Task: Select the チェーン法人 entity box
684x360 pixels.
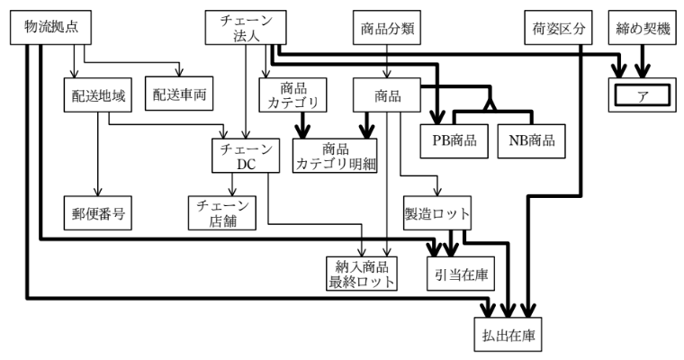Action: (x=240, y=27)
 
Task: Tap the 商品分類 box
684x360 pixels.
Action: (x=386, y=27)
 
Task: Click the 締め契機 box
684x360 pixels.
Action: (x=641, y=27)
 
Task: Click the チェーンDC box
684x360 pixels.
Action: (x=239, y=156)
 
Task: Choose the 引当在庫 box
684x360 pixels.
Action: (x=459, y=272)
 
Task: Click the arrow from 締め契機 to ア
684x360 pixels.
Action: (x=641, y=62)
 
